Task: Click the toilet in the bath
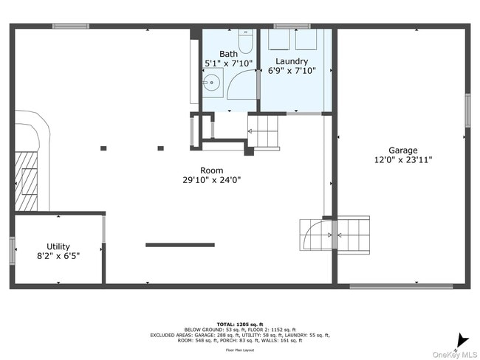tap(246, 38)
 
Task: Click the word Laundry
tap(292, 60)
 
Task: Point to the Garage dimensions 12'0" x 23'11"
tap(402, 159)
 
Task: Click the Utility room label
tap(58, 246)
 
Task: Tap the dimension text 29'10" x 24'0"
tap(212, 179)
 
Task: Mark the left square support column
tap(103, 148)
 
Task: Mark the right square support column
tap(160, 148)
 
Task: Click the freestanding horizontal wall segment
tap(180, 245)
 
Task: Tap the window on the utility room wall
tap(12, 250)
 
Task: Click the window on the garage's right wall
tap(467, 110)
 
